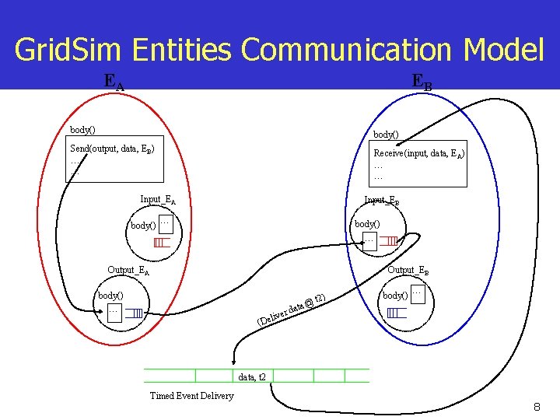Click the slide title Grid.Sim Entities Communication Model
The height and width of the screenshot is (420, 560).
click(279, 50)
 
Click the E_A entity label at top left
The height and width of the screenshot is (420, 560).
click(114, 80)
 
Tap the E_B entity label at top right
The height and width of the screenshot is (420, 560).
click(421, 82)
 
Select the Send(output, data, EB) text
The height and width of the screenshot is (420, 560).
click(112, 149)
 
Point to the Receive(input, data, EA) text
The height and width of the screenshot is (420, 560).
click(418, 154)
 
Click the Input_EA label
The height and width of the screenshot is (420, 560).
click(157, 200)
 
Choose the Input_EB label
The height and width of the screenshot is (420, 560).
click(382, 201)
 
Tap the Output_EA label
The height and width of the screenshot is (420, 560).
click(128, 271)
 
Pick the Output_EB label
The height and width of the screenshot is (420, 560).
click(408, 271)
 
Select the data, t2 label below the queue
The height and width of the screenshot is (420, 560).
click(252, 377)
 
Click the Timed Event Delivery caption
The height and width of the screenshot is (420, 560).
click(191, 396)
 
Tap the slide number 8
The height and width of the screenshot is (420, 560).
click(537, 407)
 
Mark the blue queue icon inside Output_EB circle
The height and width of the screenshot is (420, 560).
click(397, 313)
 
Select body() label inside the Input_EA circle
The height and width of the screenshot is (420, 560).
click(142, 226)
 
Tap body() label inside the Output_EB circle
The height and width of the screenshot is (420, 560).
click(394, 296)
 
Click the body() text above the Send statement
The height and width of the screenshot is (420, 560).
click(82, 129)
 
